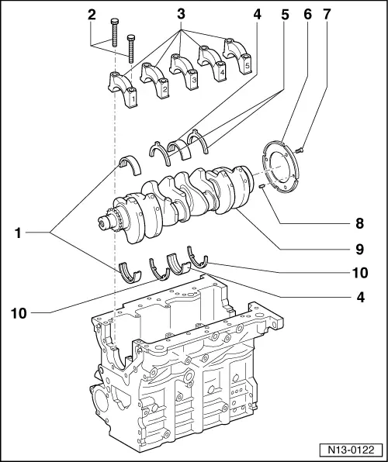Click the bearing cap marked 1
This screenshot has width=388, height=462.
point(123,90)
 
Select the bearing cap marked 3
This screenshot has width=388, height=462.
point(184,71)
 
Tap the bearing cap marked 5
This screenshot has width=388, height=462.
point(237,55)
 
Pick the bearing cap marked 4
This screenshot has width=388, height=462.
point(212,63)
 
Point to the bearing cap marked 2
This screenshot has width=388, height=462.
point(154,80)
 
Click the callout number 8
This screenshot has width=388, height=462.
point(359,223)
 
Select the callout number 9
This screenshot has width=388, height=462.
point(359,250)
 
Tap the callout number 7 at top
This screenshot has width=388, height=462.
point(327,14)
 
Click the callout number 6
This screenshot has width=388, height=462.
point(307,14)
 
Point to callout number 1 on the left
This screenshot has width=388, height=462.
point(19,233)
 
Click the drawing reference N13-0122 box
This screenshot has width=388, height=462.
point(351,450)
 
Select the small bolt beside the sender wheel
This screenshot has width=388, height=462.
point(300,150)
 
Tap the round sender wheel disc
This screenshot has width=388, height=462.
point(281,167)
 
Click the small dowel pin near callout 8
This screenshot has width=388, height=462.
point(262,186)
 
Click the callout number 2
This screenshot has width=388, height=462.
point(92,14)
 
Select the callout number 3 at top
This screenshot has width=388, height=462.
point(181,14)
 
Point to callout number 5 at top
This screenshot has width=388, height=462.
point(285,14)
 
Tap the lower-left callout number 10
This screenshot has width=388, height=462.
point(19,313)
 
